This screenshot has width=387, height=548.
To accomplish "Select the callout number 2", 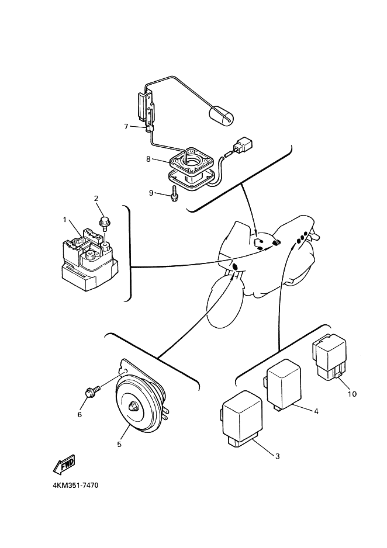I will tap(96, 199).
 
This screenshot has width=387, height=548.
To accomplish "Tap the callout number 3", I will tap(277, 456).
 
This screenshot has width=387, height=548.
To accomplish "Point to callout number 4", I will tap(316, 411).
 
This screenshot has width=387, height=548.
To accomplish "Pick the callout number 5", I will tap(119, 444).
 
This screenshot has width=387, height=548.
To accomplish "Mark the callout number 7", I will tap(126, 126).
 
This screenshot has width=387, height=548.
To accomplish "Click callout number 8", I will tap(149, 158).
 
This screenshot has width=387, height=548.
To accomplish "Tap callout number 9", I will tap(151, 192).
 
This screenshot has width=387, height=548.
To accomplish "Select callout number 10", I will tap(351, 394).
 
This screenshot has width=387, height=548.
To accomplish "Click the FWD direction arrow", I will tap(63, 464).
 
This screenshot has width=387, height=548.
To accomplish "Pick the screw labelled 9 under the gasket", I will tap(174, 193).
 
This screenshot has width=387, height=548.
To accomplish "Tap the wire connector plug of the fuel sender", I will tap(242, 145).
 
